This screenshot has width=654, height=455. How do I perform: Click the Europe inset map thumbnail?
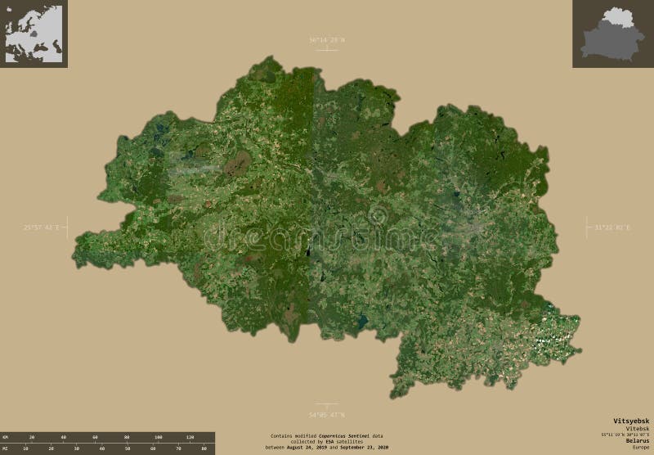[34, 34]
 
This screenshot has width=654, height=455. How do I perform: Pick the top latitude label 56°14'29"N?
[327, 39]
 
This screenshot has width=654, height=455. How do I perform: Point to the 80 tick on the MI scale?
[204, 448]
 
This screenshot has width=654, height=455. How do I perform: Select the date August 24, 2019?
[307, 447]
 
